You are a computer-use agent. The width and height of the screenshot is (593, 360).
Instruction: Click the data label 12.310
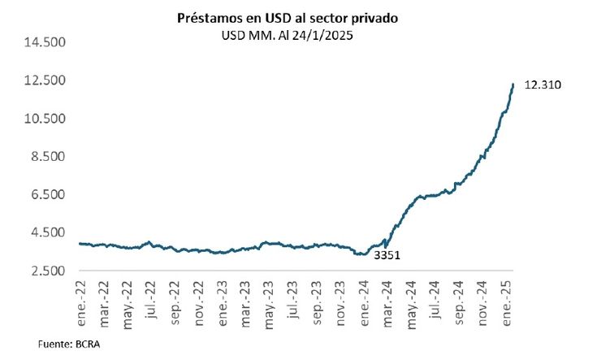(x=544, y=85)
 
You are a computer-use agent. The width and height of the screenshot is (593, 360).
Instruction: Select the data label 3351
(x=387, y=255)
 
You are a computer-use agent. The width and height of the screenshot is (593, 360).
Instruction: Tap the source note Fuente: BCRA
(x=68, y=345)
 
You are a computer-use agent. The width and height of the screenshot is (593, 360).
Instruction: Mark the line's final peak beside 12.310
(x=513, y=84)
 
